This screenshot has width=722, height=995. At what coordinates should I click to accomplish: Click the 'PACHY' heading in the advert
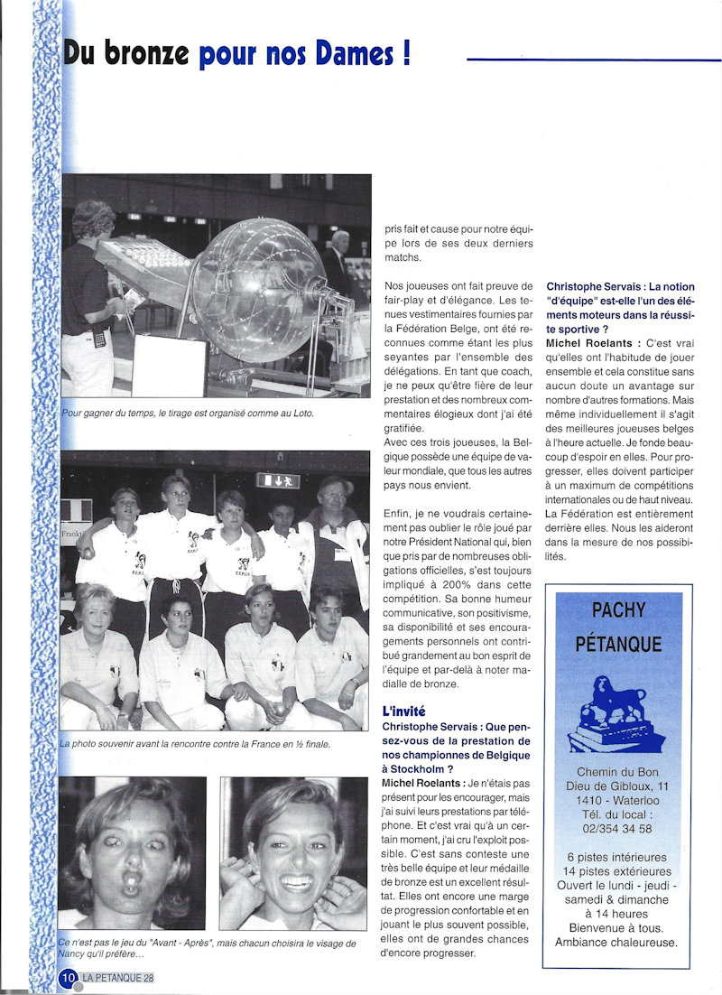(x=618, y=610)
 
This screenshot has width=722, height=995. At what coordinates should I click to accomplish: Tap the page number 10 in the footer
(x=68, y=978)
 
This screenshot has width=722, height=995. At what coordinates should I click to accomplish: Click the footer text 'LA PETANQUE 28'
(x=118, y=978)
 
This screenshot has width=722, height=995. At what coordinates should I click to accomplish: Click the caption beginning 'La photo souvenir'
(x=195, y=744)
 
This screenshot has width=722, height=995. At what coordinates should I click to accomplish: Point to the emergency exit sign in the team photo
(x=278, y=480)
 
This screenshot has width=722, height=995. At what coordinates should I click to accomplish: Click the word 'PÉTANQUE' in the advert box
(x=618, y=644)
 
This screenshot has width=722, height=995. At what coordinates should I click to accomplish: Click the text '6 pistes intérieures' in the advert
(x=618, y=857)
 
